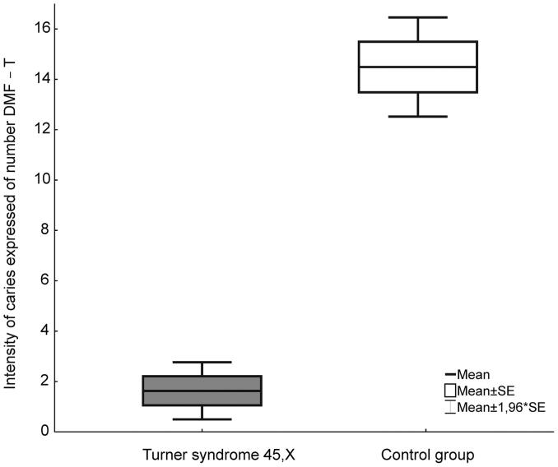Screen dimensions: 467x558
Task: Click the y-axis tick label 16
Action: coord(40,29)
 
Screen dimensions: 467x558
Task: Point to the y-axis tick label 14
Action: coord(40,79)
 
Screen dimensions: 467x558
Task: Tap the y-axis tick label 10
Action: coord(40,180)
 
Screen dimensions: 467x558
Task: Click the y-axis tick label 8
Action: coord(43,230)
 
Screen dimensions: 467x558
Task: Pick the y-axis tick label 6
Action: coord(43,280)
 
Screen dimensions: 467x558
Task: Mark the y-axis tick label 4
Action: coord(43,331)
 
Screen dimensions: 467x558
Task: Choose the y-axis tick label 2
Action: coord(43,381)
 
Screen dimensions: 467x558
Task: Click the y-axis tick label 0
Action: coord(43,432)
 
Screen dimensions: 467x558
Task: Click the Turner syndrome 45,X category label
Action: coord(202,454)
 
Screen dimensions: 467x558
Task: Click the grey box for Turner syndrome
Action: coord(202,391)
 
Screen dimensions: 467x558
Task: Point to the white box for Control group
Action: coord(418,67)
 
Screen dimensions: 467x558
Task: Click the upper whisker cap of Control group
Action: coord(418,17)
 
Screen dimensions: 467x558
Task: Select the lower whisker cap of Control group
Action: coord(418,117)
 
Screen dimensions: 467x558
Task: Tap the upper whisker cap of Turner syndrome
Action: coord(202,362)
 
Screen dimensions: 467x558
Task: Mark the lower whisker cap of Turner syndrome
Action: coord(202,419)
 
